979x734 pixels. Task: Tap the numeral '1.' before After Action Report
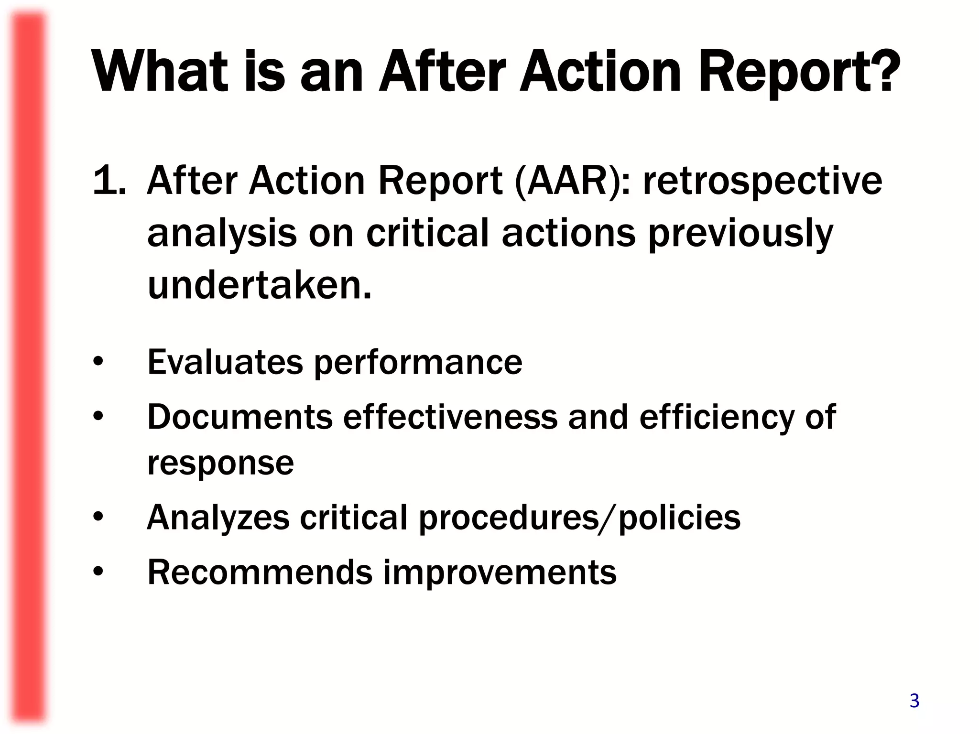point(109,181)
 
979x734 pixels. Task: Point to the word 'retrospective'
point(762,182)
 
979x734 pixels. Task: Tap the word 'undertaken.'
point(260,285)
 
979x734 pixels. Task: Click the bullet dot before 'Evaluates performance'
point(98,362)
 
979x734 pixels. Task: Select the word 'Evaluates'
point(225,362)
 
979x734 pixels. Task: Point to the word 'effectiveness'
point(450,417)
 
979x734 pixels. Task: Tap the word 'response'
point(220,464)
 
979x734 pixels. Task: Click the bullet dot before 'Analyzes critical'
point(98,518)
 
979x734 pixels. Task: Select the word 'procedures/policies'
point(579,518)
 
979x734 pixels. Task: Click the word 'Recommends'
point(260,572)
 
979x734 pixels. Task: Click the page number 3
point(914,701)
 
